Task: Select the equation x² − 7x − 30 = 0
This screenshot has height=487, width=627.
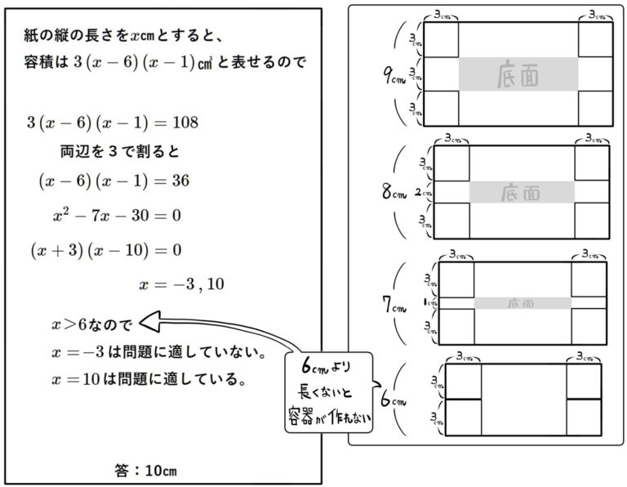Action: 116,216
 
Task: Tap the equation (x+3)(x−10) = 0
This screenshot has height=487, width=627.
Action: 105,249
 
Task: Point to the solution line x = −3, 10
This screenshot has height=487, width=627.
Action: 182,284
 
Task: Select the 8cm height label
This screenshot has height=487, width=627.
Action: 393,194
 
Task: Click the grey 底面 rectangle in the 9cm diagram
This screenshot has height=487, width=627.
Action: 518,74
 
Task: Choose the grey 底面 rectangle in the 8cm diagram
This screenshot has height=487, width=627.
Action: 521,192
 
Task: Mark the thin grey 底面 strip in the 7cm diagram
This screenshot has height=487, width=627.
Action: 522,303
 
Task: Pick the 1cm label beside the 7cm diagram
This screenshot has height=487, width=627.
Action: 428,302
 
